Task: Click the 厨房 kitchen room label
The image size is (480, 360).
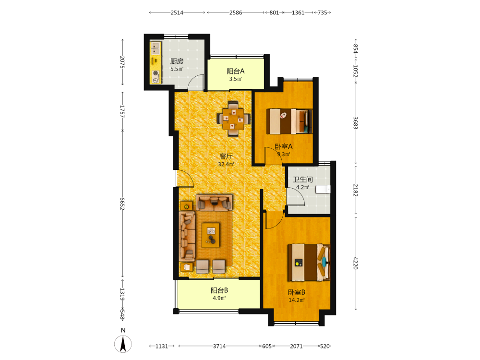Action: click(x=177, y=61)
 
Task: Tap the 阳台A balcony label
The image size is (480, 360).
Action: click(x=235, y=72)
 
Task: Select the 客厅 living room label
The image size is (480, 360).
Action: click(x=226, y=156)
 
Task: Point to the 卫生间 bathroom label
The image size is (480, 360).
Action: click(x=303, y=180)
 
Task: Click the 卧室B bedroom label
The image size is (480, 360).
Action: click(x=296, y=292)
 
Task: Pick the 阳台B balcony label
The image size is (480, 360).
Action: click(x=219, y=290)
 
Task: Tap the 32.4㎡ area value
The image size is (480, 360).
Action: click(x=226, y=164)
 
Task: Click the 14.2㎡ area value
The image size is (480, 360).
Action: click(x=297, y=300)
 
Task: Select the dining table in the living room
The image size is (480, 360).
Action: click(x=234, y=119)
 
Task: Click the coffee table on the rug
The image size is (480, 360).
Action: click(x=211, y=235)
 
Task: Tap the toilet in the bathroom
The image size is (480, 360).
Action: click(x=323, y=190)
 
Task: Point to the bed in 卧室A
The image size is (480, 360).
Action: click(x=289, y=121)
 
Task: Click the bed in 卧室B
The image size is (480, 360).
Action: click(x=309, y=263)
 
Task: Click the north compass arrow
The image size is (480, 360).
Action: click(x=123, y=344)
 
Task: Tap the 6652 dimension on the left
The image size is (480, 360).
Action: click(x=122, y=204)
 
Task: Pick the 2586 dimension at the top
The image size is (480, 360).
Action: click(x=236, y=12)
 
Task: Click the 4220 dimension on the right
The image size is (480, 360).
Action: click(x=355, y=263)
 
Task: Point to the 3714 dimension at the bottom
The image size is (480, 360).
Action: click(x=219, y=346)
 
